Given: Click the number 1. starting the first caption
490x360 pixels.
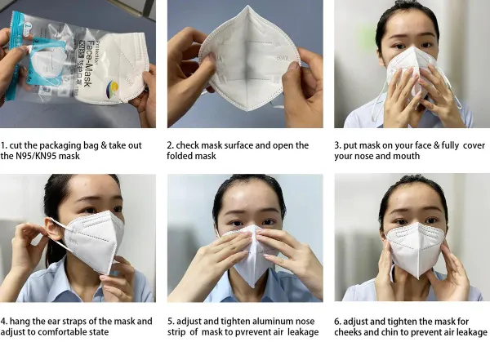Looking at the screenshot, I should click(5, 145).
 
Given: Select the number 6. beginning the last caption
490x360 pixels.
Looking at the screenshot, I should click(339, 322).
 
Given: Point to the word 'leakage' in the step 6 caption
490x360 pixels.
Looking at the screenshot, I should click(467, 333).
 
